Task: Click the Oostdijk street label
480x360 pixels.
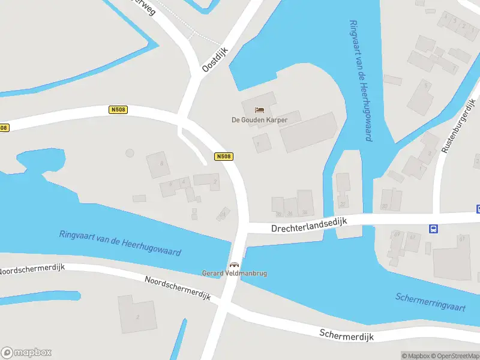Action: point(215,61)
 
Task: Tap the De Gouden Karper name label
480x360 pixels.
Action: point(260,119)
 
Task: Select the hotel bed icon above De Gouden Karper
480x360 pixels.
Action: point(259,110)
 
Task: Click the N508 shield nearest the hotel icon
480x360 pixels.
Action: point(223,157)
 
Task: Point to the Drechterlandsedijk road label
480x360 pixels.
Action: point(309,225)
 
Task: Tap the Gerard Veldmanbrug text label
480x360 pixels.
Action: point(234,273)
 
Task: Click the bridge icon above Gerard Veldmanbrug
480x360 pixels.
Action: point(234,265)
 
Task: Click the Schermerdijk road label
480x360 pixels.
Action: point(346,335)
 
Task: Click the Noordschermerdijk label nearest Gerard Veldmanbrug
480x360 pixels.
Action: point(177,288)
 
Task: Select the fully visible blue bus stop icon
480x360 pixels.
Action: point(433,228)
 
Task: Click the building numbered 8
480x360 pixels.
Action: point(160,164)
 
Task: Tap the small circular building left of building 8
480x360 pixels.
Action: point(130,153)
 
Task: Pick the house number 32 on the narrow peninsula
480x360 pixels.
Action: point(343,203)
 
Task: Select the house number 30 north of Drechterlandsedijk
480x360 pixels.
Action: point(385,205)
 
